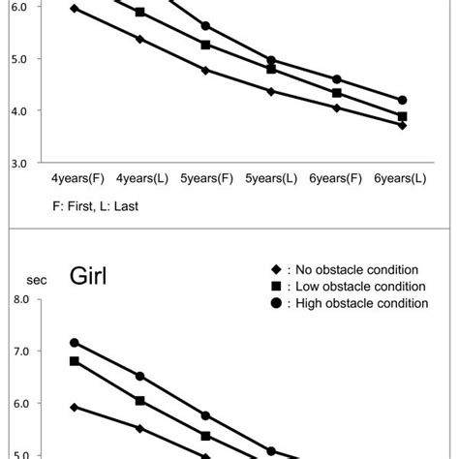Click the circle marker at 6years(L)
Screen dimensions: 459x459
[x=402, y=100]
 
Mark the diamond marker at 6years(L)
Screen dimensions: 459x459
[x=402, y=125]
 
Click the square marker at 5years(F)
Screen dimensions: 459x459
[x=205, y=45]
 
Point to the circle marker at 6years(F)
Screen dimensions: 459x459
[x=337, y=79]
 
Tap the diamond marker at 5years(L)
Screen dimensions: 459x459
[x=271, y=91]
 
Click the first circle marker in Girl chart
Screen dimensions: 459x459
[x=75, y=343]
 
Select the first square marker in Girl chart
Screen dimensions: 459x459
[x=75, y=361]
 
